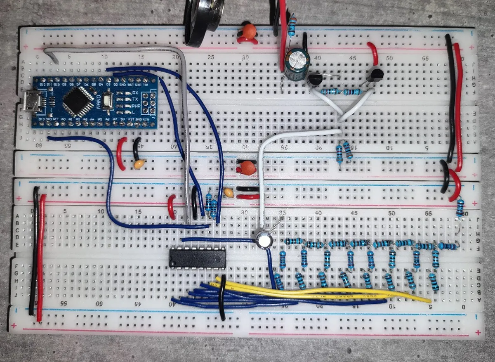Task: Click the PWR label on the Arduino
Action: [x=135, y=106]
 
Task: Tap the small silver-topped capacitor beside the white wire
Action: [x=263, y=239]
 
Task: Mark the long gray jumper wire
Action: [x=183, y=124]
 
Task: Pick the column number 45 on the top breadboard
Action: [x=353, y=58]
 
